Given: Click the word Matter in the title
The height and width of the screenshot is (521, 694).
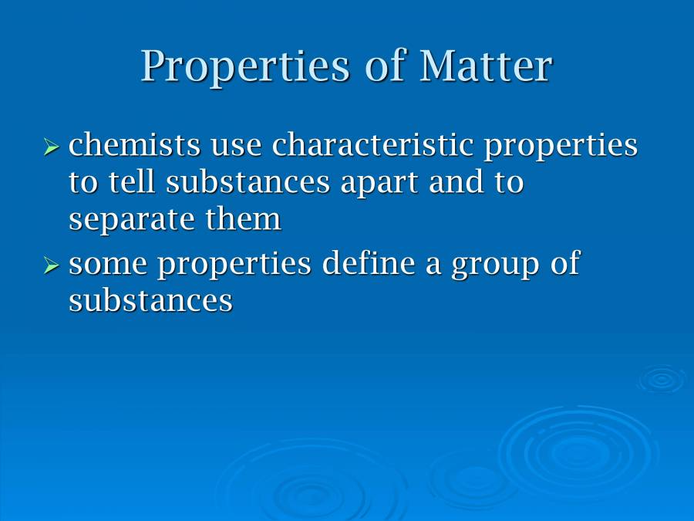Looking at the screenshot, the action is coord(486,66).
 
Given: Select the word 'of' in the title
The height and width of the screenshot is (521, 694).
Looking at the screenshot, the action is coord(385,66).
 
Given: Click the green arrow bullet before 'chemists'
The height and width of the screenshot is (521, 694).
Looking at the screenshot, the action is coord(52,146).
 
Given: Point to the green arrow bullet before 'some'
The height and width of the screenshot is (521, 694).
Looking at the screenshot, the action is coord(52,266).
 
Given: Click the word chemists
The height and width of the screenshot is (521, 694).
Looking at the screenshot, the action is coord(134,144).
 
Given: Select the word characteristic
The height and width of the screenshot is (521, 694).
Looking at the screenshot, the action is coord(372,144).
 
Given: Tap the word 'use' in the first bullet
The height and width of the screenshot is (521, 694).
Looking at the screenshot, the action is coord(236,148).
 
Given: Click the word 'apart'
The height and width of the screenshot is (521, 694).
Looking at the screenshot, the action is coord(379,184).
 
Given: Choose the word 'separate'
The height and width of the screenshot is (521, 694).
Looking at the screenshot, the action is coord(132,221).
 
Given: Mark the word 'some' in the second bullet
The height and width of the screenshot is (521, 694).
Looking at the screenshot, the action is coord(108,266).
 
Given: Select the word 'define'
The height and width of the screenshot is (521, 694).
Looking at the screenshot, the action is coord(369,262).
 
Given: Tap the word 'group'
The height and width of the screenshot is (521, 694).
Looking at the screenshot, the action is coord(495,266).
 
